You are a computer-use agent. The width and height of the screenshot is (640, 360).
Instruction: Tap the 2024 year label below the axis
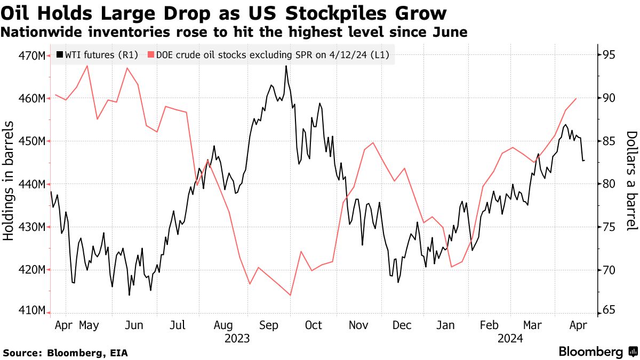[510, 338]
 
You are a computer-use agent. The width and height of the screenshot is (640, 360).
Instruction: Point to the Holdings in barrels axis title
[9, 180]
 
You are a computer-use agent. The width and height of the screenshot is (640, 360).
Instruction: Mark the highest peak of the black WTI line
[286, 66]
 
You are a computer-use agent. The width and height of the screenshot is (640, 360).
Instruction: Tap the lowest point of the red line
[290, 295]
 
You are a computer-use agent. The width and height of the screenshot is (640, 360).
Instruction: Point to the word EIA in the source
[117, 353]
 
